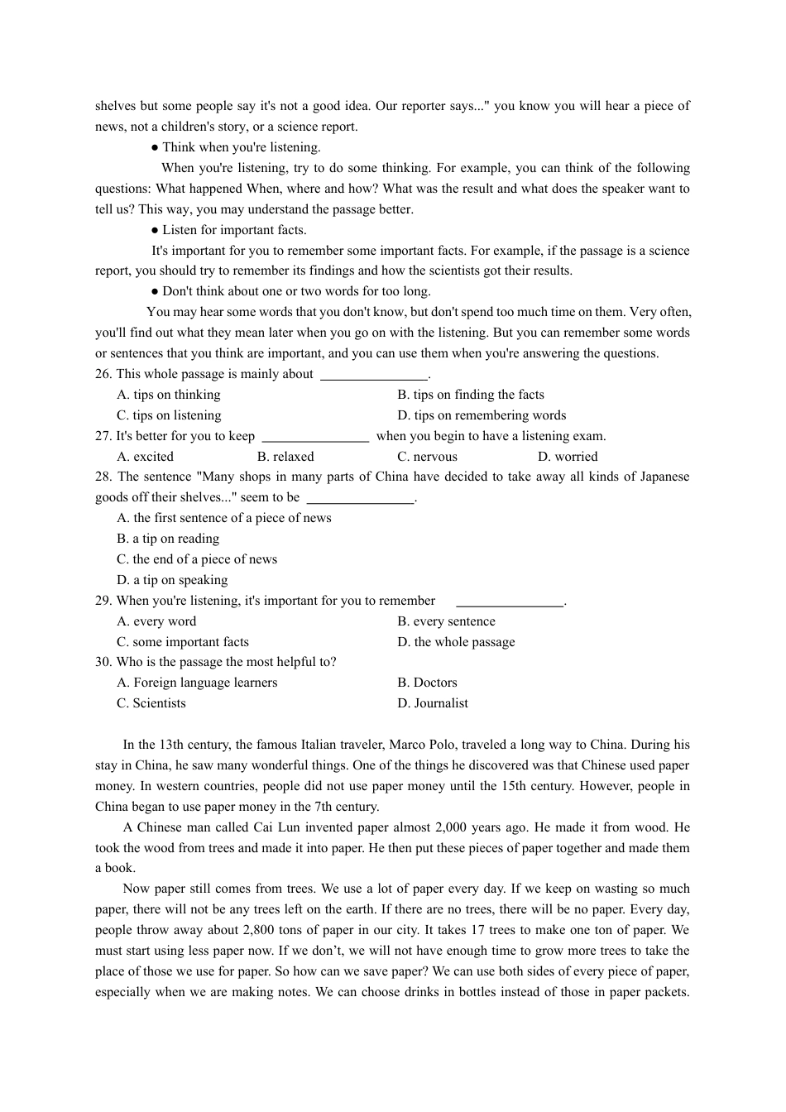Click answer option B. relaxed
pos(285,457)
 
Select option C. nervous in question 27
pos(427,457)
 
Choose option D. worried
pos(567,457)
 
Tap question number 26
pos(103,374)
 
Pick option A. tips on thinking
pos(169,395)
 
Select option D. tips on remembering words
pos(482,415)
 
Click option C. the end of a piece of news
pos(197,559)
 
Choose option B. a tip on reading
pos(168,539)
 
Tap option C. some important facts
pos(183,642)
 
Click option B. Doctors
pos(427,683)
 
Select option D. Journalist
pos(433,703)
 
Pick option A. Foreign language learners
pos(197,683)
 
